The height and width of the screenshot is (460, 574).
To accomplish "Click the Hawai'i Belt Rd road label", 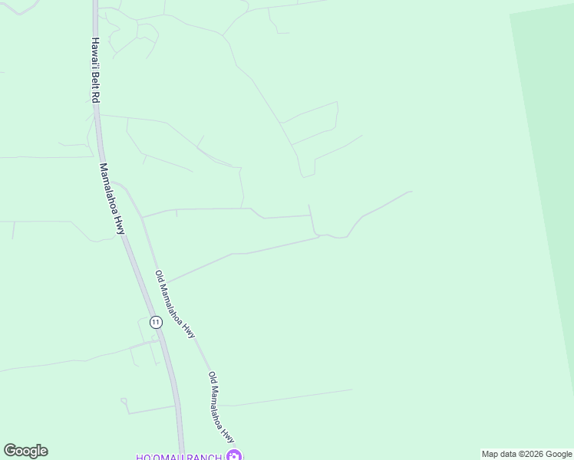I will pyautogui.click(x=95, y=71).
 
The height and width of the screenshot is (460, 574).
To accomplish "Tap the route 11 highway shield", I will pyautogui.click(x=156, y=322).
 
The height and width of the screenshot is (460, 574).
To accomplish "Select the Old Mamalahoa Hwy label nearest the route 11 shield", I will pyautogui.click(x=175, y=304).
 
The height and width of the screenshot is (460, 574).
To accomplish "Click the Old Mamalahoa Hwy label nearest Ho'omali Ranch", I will pyautogui.click(x=221, y=408).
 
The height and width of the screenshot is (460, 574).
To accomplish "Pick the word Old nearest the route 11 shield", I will pyautogui.click(x=159, y=277).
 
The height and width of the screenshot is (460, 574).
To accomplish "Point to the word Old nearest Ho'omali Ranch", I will pyautogui.click(x=212, y=379).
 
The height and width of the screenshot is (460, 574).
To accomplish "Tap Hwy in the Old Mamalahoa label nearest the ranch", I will pyautogui.click(x=229, y=435).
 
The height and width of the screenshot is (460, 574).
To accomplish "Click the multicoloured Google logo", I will pyautogui.click(x=25, y=451).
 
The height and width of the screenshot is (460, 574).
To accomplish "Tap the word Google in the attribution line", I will pyautogui.click(x=557, y=454).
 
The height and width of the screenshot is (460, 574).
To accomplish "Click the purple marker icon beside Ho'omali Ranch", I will pyautogui.click(x=234, y=456).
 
